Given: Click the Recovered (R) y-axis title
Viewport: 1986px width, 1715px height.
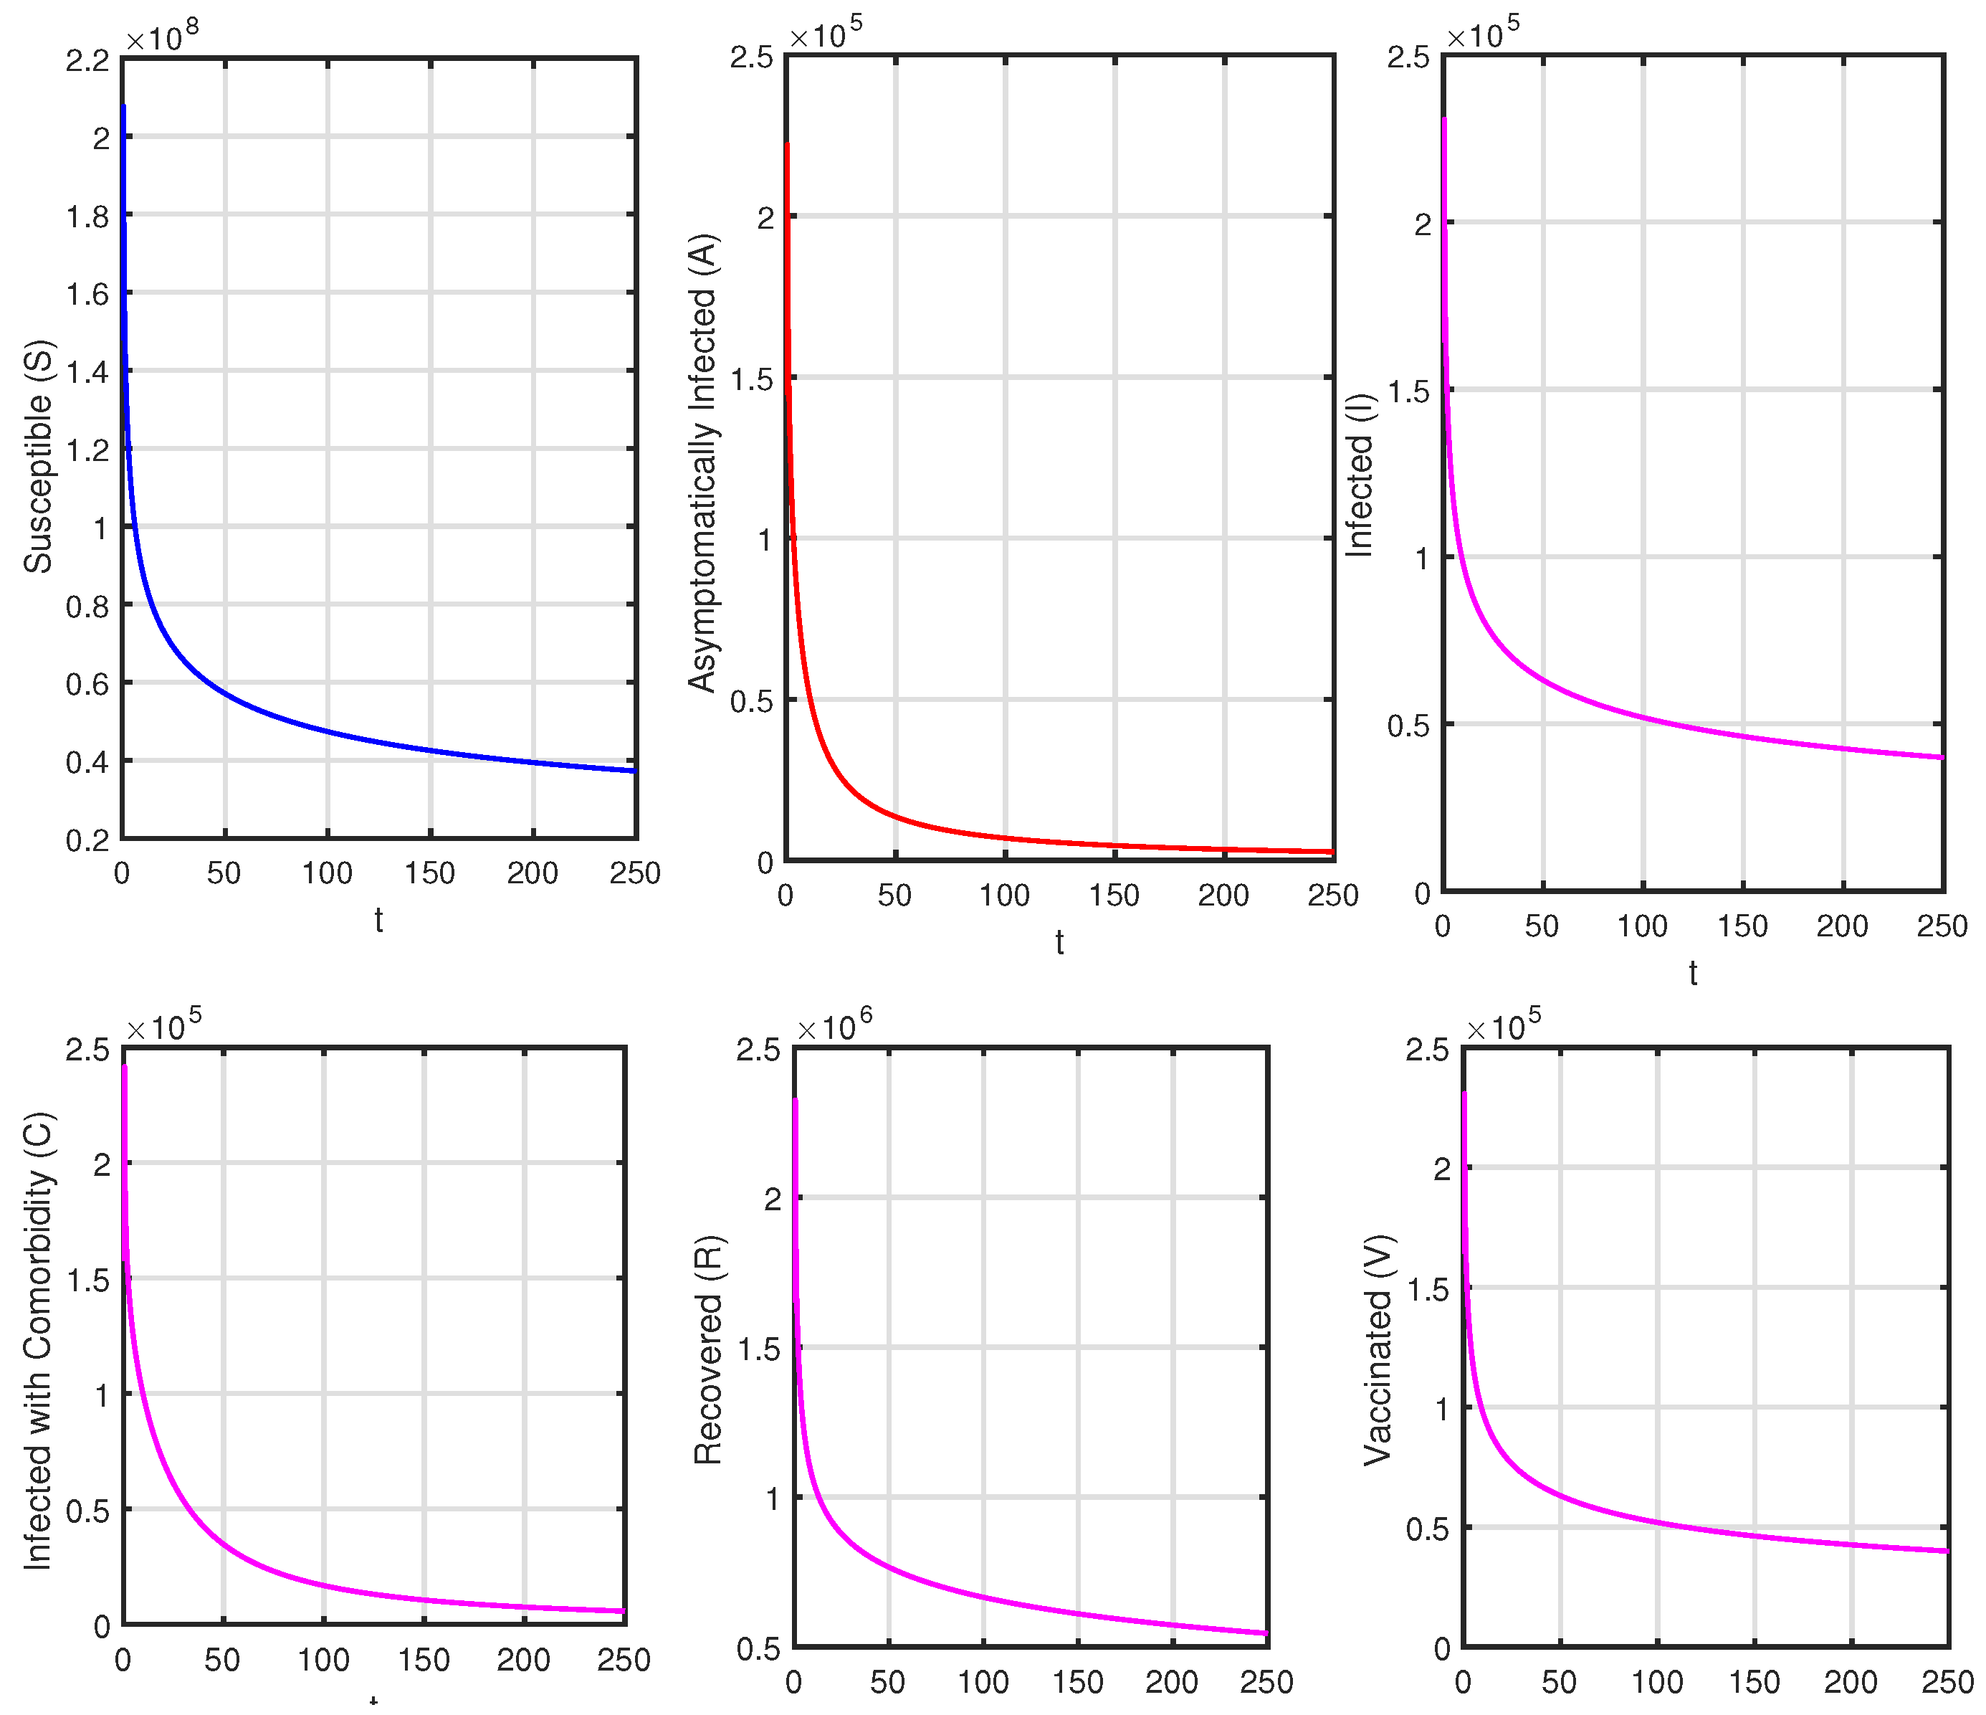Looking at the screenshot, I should [708, 1351].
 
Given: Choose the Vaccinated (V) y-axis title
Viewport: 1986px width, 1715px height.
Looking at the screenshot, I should [1378, 1351].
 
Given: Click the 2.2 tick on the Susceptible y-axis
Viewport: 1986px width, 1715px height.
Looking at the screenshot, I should [87, 60].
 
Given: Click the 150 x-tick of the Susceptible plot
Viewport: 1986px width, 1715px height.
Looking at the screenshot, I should [429, 873].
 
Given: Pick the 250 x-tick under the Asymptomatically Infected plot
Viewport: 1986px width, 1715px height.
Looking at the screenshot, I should [1333, 895].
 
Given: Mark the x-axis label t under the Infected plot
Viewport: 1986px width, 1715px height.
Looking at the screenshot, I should [1693, 973].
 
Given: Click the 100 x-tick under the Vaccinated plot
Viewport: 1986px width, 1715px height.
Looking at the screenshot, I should [1657, 1681].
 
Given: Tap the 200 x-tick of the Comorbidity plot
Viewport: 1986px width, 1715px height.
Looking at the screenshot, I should [523, 1659].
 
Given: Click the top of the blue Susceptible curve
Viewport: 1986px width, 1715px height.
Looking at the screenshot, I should [124, 108].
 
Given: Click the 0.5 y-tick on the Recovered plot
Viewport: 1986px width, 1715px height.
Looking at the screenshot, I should [758, 1649].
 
